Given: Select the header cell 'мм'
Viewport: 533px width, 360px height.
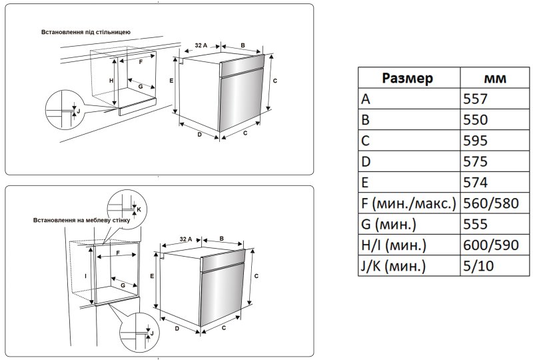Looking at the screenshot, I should (x=494, y=78).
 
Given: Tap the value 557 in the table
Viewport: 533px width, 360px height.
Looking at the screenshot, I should (x=476, y=99).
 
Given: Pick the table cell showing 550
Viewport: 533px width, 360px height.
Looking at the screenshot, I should (x=476, y=120).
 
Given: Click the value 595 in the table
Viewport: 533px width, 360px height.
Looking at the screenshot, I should (x=476, y=141).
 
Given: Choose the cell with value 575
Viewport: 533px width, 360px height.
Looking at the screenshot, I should (x=476, y=162).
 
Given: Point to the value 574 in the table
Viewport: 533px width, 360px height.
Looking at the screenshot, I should (x=476, y=183).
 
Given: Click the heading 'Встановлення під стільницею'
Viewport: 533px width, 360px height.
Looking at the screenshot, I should (x=86, y=32).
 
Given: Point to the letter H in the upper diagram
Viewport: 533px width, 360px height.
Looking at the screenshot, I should (x=112, y=80).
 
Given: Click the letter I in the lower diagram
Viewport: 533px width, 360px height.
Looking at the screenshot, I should (x=86, y=275).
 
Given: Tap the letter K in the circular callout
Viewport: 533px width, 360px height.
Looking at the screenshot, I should (x=139, y=209).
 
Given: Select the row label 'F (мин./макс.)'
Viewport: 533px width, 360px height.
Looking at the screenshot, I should (x=408, y=203).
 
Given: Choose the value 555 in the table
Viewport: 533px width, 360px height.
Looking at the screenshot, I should (x=476, y=225).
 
